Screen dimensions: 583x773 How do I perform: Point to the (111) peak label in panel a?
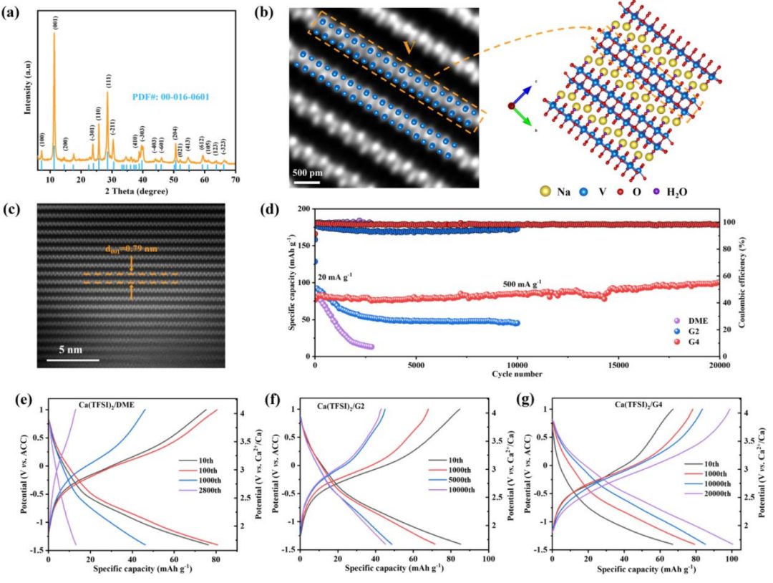(x=108, y=80)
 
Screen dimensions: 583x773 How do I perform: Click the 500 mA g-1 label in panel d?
(x=528, y=284)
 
